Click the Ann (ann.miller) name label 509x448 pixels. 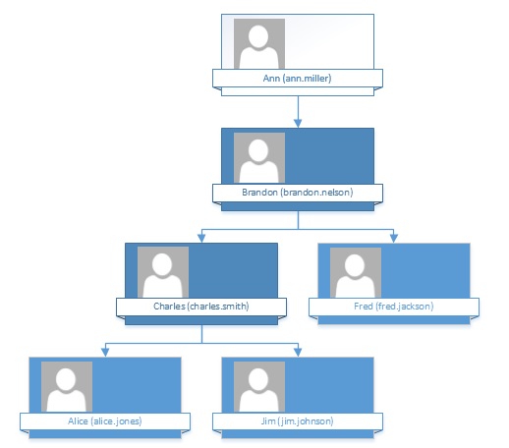pos(297,79)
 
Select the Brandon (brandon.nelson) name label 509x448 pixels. pos(298,193)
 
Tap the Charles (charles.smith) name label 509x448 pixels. pos(201,307)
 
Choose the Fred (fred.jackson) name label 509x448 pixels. pos(394,307)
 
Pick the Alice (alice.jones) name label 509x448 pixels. pos(105,420)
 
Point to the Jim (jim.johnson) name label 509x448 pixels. pos(297,420)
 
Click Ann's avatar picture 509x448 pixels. pos(259,43)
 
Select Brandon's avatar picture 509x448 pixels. pos(259,158)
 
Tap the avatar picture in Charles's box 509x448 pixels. pos(163,272)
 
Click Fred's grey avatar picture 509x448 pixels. pos(356,272)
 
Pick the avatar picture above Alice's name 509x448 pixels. pos(67,387)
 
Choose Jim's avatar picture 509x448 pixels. pos(259,387)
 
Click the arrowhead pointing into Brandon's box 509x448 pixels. pos(298,123)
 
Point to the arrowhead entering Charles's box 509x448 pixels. pos(201,238)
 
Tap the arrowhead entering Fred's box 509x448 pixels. pos(394,238)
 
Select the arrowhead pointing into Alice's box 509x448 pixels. pos(105,352)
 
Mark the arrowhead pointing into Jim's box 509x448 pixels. pos(298,352)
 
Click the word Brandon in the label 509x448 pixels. pos(259,193)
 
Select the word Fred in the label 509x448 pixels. pos(364,307)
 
